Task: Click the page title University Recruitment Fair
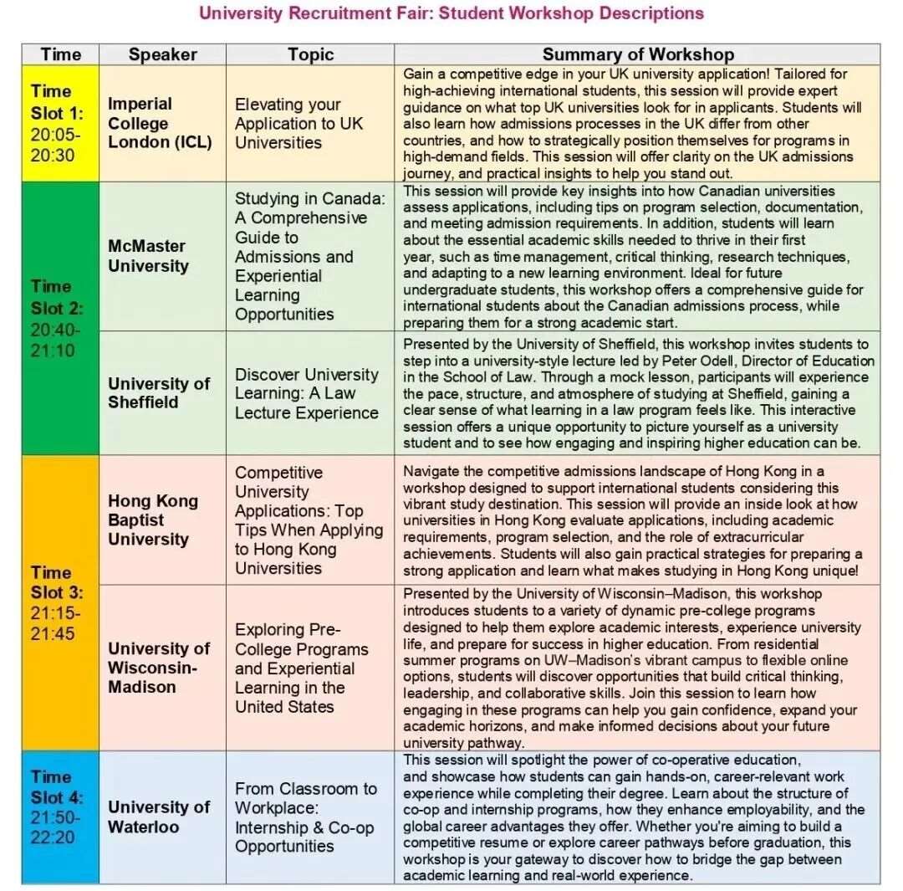tap(451, 13)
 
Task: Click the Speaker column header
tap(162, 54)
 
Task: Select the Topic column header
tap(310, 54)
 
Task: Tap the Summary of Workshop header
tap(637, 54)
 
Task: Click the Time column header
tap(61, 54)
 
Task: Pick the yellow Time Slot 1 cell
tap(51, 123)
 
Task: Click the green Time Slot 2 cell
tap(51, 318)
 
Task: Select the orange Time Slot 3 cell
tap(51, 602)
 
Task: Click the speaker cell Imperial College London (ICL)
tap(160, 123)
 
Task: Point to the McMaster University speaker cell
tap(148, 256)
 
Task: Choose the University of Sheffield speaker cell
tap(159, 392)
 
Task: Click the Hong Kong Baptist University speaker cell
tap(153, 520)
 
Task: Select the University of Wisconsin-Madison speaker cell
tap(159, 667)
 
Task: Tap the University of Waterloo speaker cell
tap(159, 817)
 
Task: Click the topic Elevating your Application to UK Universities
tap(298, 123)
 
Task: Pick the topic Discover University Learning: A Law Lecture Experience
tap(306, 393)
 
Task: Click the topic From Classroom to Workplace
tap(305, 817)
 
